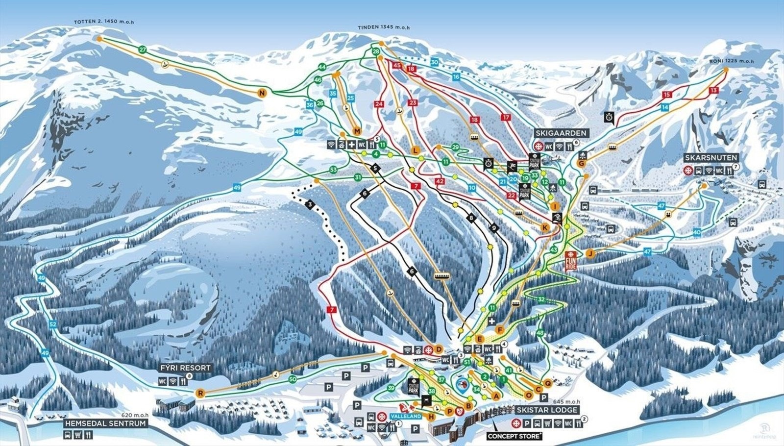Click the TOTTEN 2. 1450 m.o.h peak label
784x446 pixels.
(x=104, y=22)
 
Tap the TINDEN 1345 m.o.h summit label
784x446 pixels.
(x=383, y=27)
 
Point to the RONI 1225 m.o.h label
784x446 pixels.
(x=731, y=61)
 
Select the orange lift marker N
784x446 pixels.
(x=262, y=93)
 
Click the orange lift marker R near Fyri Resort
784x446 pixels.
(x=200, y=393)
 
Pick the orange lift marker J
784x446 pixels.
(x=590, y=253)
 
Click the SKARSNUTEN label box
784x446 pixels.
(x=711, y=158)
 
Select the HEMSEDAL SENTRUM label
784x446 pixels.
(x=106, y=423)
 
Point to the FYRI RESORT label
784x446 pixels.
(x=185, y=368)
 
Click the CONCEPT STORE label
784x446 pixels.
(x=514, y=436)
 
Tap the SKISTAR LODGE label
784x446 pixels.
(x=548, y=410)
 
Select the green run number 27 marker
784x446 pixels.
(x=143, y=50)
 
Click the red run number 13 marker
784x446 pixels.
(x=713, y=90)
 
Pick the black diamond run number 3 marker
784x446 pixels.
(x=309, y=204)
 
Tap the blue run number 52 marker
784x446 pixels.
(x=53, y=324)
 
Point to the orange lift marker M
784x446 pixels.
(x=357, y=131)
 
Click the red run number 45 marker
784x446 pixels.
(x=397, y=65)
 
